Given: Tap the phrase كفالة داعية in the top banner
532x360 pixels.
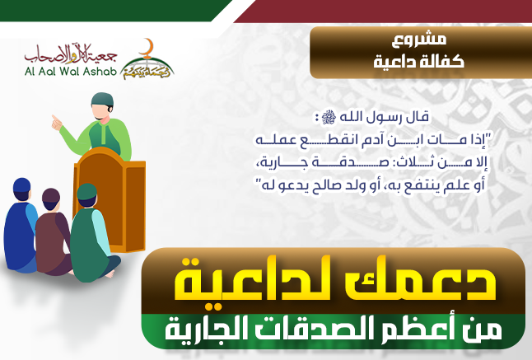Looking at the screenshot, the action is click(x=419, y=62).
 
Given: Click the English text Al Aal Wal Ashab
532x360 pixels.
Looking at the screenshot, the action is click(x=71, y=71).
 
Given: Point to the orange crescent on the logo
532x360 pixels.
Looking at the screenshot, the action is click(x=147, y=49).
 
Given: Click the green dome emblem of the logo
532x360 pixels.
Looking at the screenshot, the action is click(x=147, y=68).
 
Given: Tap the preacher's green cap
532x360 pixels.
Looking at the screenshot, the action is click(x=102, y=99).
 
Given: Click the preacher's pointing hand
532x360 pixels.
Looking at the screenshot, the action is click(x=56, y=123).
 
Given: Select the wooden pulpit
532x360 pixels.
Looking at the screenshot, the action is click(x=110, y=199).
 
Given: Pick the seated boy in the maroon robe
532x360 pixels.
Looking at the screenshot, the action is click(x=53, y=232).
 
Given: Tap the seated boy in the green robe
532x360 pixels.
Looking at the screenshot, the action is click(x=93, y=234).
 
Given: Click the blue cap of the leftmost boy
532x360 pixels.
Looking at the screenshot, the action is click(x=21, y=185).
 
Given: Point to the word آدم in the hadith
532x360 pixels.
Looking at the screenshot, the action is click(x=367, y=141).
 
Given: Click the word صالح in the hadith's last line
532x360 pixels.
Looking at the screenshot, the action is click(x=345, y=187).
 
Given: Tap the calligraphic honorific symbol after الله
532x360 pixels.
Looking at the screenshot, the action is click(x=329, y=118).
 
